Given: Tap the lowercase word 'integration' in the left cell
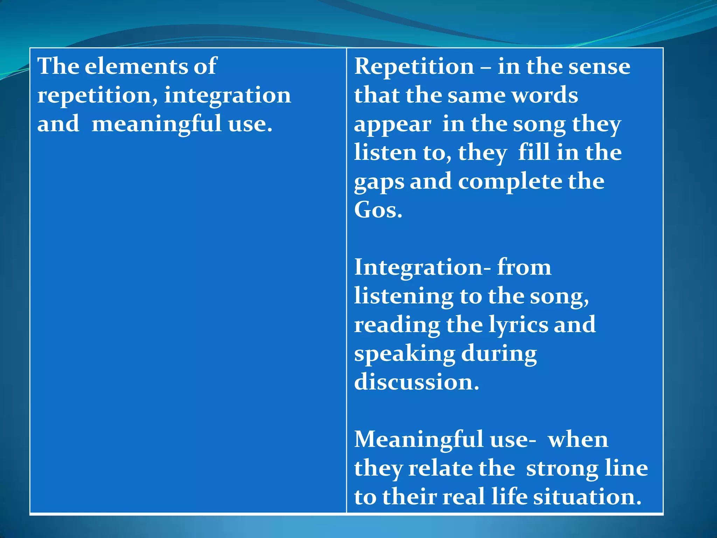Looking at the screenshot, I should [x=228, y=95].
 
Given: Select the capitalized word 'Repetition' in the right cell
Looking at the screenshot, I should [x=414, y=66].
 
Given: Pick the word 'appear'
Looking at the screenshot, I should [x=392, y=125].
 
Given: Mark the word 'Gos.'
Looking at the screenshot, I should [x=378, y=210].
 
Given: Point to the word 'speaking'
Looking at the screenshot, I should [x=404, y=354].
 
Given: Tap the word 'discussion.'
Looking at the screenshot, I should [x=417, y=382].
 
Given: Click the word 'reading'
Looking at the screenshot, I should [x=397, y=325].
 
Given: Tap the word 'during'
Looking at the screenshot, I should [x=499, y=354].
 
